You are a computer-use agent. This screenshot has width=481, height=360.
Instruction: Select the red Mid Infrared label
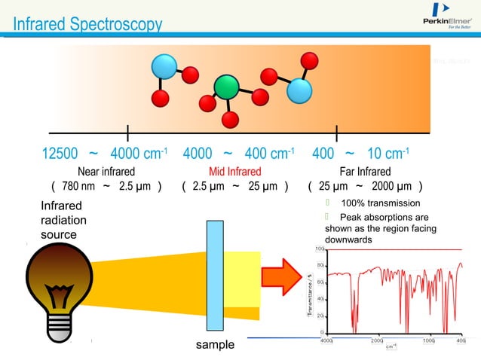[x=234, y=172]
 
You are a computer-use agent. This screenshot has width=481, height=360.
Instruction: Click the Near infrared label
[x=106, y=172]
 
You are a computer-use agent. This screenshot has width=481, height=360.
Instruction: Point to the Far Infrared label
[x=365, y=172]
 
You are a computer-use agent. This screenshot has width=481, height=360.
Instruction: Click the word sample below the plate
[x=215, y=345]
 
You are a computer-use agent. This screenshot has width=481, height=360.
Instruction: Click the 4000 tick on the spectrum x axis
[x=327, y=341]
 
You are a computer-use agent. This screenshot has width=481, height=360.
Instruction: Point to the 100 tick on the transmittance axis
[x=319, y=249]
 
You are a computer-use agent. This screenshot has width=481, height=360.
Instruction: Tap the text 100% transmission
[x=380, y=203]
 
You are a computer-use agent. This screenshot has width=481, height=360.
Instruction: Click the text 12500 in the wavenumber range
[x=60, y=154]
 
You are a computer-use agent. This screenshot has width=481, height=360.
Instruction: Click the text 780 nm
[x=78, y=187]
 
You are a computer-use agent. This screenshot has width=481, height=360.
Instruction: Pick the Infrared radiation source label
[x=63, y=220]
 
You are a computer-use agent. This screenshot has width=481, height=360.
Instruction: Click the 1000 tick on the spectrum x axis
[x=428, y=341]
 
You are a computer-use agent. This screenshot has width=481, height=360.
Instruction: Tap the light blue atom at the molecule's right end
[x=299, y=91]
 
